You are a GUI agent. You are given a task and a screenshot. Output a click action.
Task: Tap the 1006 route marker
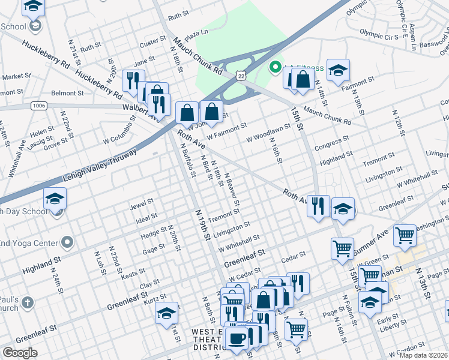39,106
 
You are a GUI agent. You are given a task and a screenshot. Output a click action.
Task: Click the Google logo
20,352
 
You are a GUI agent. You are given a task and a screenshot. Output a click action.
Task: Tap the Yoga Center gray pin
67,243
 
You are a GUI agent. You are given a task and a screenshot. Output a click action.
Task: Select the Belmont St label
67,94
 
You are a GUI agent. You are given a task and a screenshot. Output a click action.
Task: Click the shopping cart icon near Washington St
405,235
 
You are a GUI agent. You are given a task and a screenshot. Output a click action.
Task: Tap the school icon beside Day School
55,199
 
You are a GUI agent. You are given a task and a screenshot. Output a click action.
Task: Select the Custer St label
152,41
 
